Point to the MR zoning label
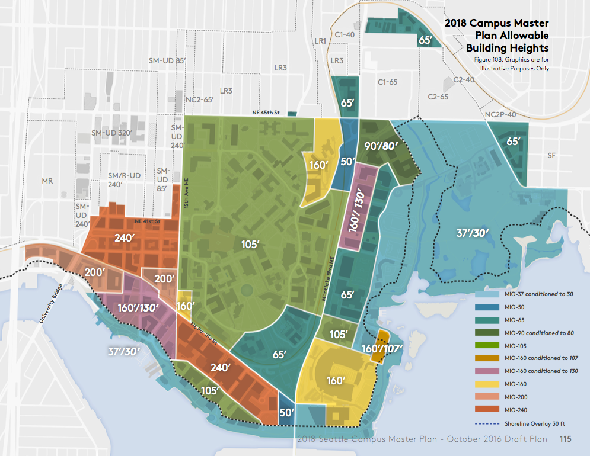49,180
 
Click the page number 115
565,439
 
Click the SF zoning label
552,155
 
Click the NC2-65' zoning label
199,100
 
